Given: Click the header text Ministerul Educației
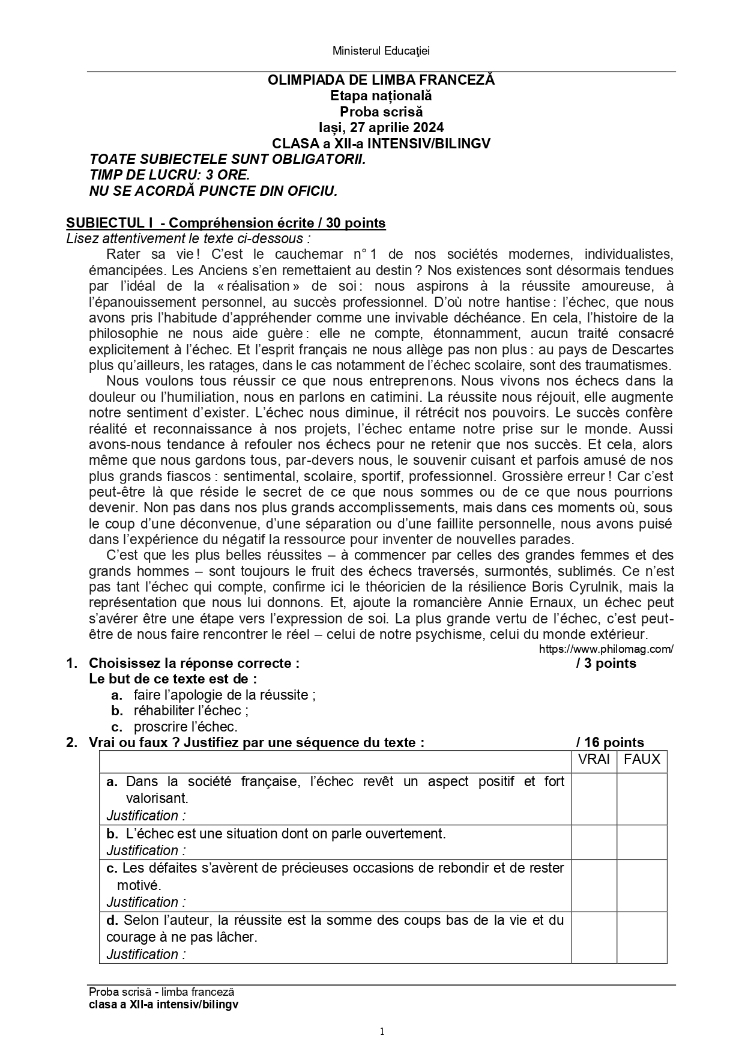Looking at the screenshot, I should [381, 51].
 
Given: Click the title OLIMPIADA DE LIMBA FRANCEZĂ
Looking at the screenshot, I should [381, 80].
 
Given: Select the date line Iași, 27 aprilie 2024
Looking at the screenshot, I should [381, 127].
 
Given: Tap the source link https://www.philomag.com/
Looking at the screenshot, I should [606, 649].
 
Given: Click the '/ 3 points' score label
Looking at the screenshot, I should [606, 663].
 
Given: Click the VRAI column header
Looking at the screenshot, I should [594, 760].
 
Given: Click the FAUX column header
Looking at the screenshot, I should [642, 760].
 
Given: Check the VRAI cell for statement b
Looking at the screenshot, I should [594, 842].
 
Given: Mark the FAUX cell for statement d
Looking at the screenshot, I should [642, 937].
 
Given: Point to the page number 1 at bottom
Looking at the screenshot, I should [382, 1032].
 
